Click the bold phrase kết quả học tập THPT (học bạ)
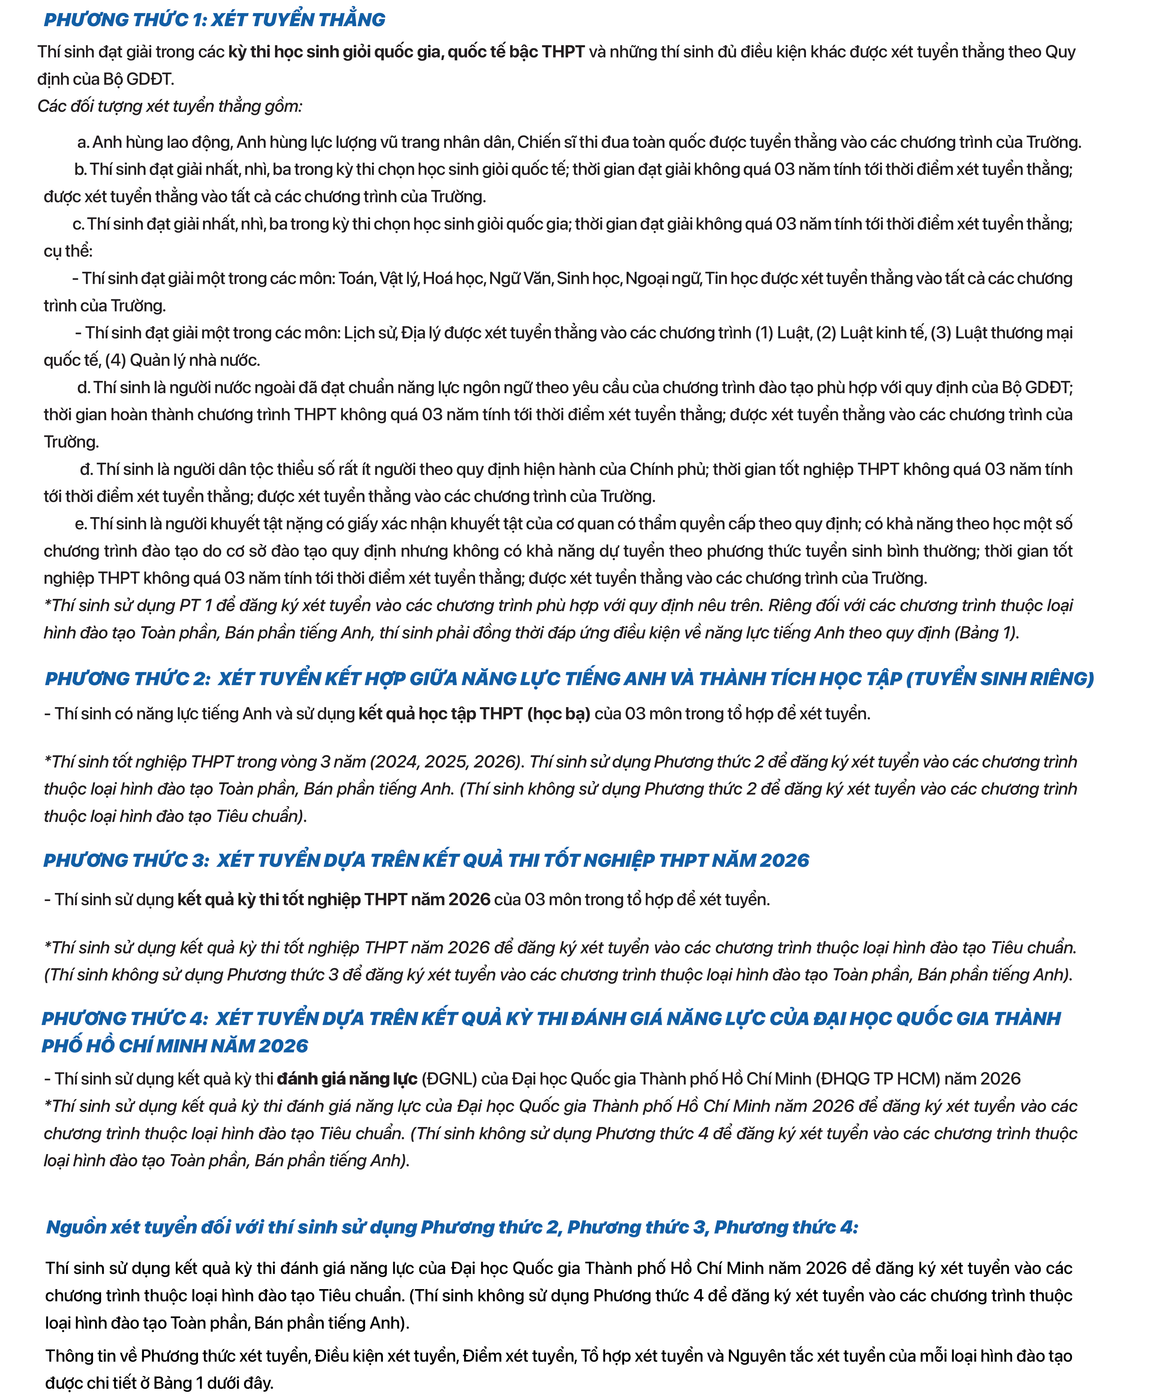(x=474, y=714)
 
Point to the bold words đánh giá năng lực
(x=347, y=1079)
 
